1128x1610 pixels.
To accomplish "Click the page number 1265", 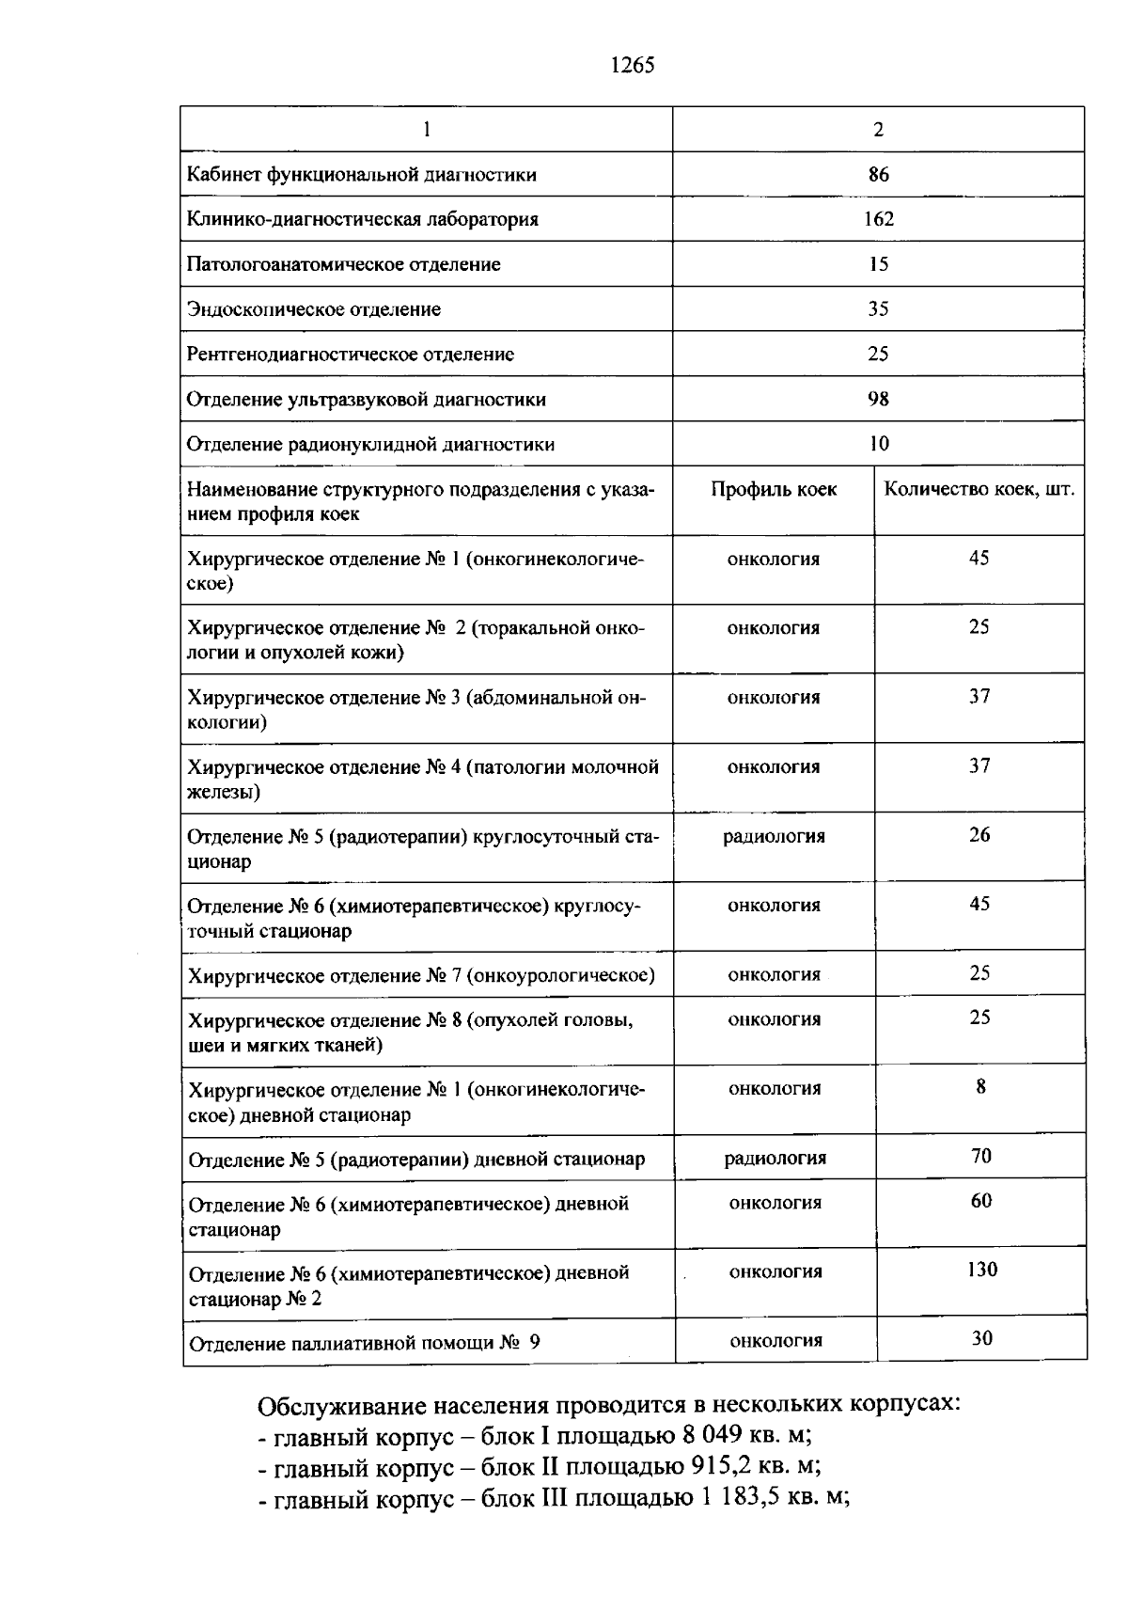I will (x=631, y=65).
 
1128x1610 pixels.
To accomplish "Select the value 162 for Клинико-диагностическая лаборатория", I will (x=878, y=219).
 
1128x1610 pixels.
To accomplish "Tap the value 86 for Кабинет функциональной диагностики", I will (x=878, y=174).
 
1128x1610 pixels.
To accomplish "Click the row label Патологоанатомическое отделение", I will (x=343, y=264).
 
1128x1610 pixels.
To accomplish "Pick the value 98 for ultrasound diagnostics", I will (x=878, y=399).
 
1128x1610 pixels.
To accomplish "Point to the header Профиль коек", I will (x=774, y=489).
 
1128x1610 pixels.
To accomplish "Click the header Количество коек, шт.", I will (x=979, y=489).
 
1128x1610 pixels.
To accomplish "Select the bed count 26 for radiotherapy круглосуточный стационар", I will (x=979, y=835).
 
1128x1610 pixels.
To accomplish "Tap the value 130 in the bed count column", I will (x=982, y=1270).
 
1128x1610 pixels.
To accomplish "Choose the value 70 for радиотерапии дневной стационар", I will (x=981, y=1156).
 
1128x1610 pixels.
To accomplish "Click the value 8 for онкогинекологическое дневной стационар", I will (x=981, y=1087).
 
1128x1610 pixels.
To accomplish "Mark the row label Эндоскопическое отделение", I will (x=313, y=309).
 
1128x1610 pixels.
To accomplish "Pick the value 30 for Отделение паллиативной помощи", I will (x=982, y=1338).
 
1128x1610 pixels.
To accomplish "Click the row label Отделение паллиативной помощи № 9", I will (x=365, y=1343).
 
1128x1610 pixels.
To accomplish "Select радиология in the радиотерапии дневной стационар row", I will (x=775, y=1158).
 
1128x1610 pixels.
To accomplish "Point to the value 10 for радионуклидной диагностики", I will (x=878, y=444).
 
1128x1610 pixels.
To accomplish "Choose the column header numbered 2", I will (x=878, y=130).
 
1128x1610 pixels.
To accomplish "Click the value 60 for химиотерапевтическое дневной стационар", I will (x=981, y=1201).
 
